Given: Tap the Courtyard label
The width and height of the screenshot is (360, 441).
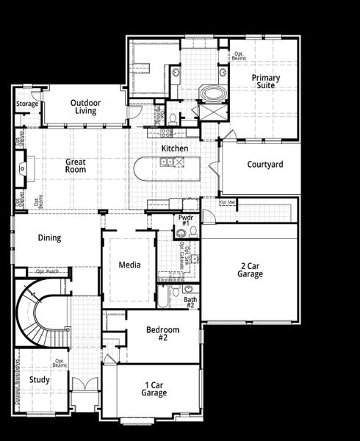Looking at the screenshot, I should tap(264, 165).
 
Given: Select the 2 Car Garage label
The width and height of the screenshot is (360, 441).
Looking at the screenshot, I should tap(251, 270).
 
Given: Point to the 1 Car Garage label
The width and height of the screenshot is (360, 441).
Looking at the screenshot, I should tap(154, 389).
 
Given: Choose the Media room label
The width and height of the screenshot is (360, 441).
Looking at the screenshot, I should tap(130, 265).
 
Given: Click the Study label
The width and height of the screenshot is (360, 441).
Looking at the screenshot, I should tap(40, 380).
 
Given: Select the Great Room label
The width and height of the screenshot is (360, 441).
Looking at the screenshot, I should tap(75, 165).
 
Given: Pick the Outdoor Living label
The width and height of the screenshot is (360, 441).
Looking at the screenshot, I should tap(86, 106).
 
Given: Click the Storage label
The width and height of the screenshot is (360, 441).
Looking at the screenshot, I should tap(27, 104).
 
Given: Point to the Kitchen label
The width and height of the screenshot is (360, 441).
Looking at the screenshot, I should tap(175, 148).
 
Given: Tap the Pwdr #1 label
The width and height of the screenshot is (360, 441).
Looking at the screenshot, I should tap(185, 220).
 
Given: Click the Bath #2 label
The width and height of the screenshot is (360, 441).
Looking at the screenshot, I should tap(190, 303).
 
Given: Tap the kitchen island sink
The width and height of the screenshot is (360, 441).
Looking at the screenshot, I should tap(168, 162).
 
